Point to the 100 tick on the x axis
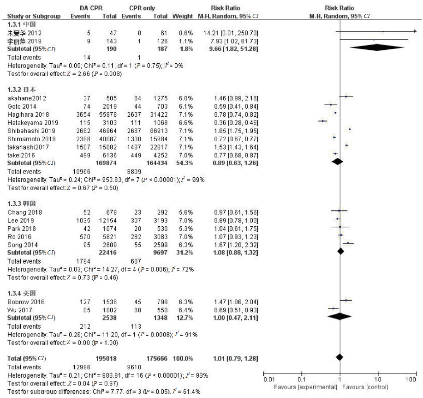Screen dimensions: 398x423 click(409, 380)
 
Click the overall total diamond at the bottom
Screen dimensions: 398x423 click(340, 357)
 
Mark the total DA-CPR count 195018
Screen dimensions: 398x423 click(107, 357)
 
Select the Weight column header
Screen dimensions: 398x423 click(183, 16)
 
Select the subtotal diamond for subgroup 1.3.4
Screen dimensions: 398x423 click(340, 316)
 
